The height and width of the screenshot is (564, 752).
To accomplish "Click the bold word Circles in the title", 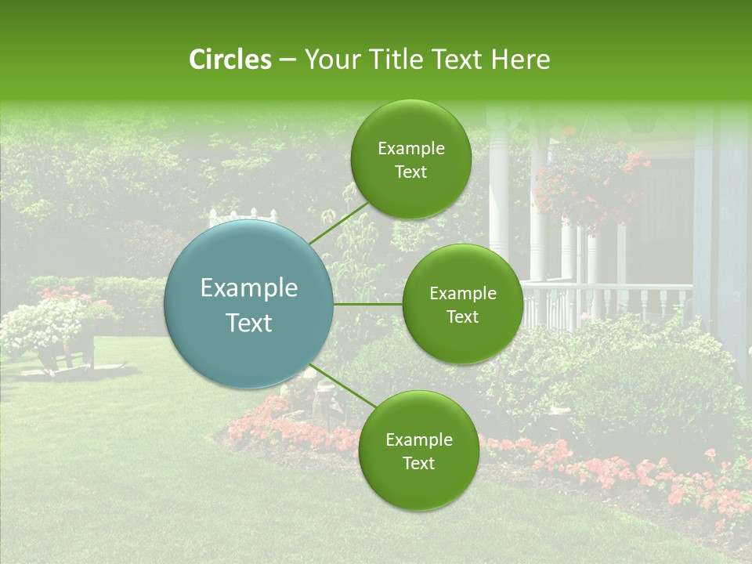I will coord(230,60).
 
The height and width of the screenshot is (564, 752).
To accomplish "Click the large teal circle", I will coord(249,304).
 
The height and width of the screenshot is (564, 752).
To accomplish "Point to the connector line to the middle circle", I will coord(368,304).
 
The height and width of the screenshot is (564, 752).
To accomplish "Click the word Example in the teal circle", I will coord(249,288).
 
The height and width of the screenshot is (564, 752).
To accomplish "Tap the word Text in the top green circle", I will coord(410,172).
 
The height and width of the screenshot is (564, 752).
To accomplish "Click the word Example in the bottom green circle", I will coord(418,439).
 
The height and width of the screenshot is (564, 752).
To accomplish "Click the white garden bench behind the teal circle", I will coord(244,216).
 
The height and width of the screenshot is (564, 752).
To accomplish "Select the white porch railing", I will coord(611,302).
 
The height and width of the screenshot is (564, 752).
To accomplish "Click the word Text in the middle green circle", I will coord(462,316).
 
